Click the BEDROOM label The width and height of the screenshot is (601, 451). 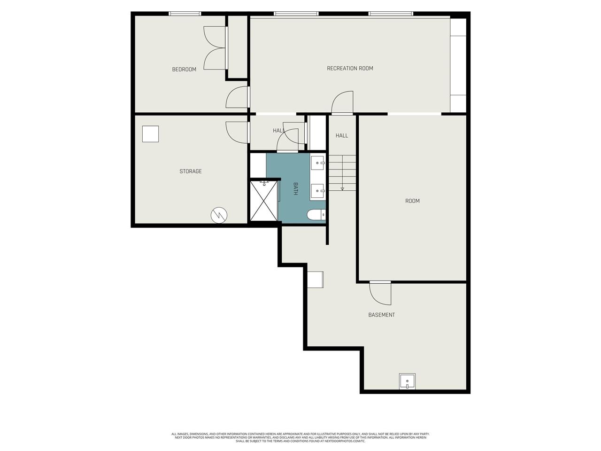(184, 70)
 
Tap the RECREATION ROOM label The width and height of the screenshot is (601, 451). (350, 69)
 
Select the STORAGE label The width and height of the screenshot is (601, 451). (191, 171)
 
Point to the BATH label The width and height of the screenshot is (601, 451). (296, 189)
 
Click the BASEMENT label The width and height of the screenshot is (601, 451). (381, 315)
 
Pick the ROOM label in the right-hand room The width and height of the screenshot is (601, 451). (412, 201)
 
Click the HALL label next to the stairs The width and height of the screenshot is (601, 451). (342, 136)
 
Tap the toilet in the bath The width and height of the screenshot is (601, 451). (316, 215)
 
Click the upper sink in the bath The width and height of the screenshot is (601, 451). (317, 163)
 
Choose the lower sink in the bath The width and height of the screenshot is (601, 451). (317, 191)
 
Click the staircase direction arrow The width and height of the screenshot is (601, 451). (342, 187)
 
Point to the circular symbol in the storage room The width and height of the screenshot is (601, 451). (219, 215)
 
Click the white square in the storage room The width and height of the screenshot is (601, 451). (151, 134)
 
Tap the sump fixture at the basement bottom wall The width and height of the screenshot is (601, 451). (407, 381)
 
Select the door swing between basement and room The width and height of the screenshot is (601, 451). (380, 293)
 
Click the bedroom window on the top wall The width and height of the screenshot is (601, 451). (185, 14)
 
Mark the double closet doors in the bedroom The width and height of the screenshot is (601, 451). (215, 47)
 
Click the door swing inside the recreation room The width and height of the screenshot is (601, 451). (342, 103)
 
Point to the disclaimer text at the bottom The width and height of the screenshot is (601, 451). (300, 437)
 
